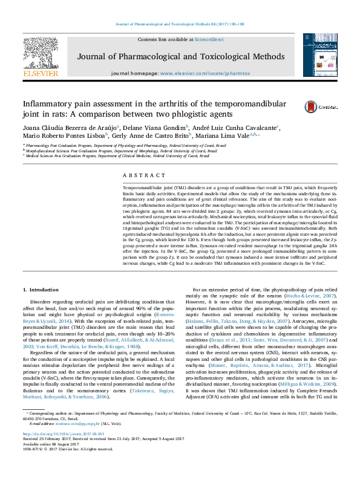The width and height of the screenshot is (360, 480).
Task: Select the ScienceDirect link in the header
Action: [x=209, y=39]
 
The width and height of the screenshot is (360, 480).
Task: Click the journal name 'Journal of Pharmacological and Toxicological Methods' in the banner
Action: [x=180, y=57]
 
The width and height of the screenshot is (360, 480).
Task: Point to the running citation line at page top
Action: [x=180, y=25]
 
